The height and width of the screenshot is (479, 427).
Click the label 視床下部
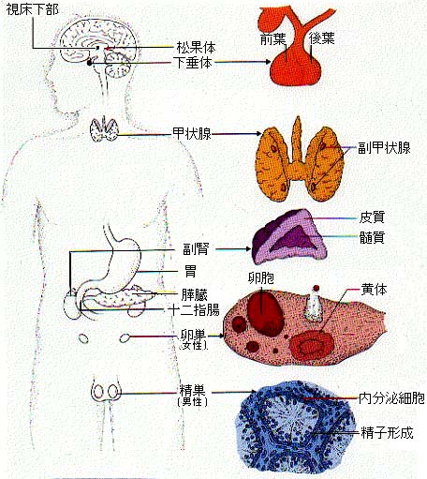(32, 9)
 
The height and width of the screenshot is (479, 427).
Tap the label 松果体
(196, 48)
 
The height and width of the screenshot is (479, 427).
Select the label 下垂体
(193, 63)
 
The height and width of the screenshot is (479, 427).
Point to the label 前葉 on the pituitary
(273, 38)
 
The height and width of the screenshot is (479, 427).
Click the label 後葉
(322, 38)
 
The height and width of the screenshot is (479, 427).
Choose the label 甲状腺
(192, 133)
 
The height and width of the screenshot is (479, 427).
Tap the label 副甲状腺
(384, 148)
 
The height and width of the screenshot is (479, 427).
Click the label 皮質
(372, 217)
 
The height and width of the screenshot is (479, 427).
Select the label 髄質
(372, 237)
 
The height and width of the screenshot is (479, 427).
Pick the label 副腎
(196, 249)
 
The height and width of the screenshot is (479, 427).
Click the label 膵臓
(195, 295)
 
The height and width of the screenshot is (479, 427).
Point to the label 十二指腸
(194, 310)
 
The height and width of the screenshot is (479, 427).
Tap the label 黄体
(374, 290)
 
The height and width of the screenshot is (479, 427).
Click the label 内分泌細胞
(391, 398)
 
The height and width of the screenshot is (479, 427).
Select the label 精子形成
(387, 433)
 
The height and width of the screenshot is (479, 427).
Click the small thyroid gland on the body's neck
(104, 128)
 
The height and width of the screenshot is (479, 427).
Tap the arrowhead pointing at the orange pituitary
(268, 62)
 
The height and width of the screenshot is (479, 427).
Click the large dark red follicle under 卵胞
(266, 313)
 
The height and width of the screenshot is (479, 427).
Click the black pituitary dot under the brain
(90, 63)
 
